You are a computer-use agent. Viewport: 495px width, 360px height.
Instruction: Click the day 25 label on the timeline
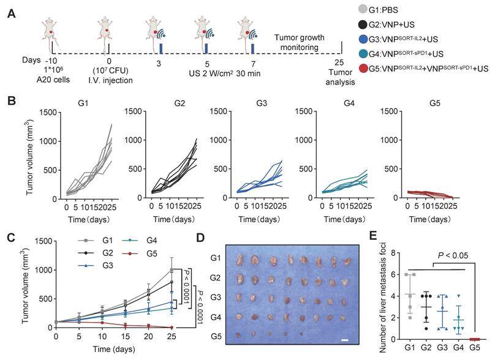(339, 62)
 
